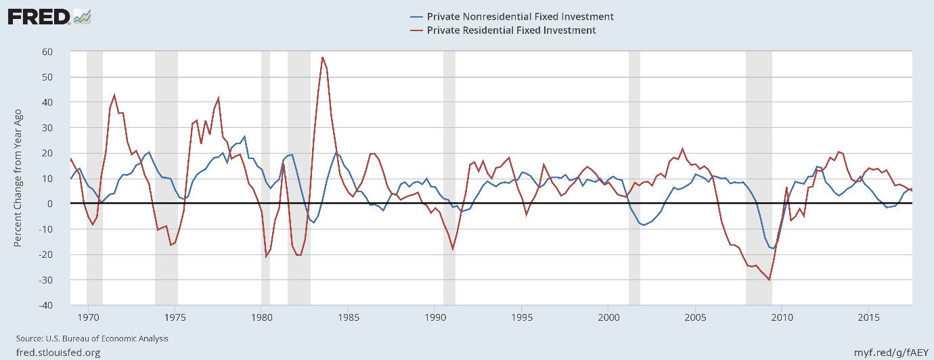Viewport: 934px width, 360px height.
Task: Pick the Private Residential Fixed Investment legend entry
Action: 512,30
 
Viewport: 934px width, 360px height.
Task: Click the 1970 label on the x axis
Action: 88,317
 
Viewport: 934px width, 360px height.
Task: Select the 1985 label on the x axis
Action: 348,317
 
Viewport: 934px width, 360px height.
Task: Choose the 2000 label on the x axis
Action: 608,317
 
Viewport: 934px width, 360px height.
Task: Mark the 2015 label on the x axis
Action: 868,317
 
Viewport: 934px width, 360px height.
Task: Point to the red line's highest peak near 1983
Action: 323,57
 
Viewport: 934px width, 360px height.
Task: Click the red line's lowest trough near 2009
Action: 770,279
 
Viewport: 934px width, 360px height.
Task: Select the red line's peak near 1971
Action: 114,95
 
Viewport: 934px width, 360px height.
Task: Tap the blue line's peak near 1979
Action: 244,136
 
